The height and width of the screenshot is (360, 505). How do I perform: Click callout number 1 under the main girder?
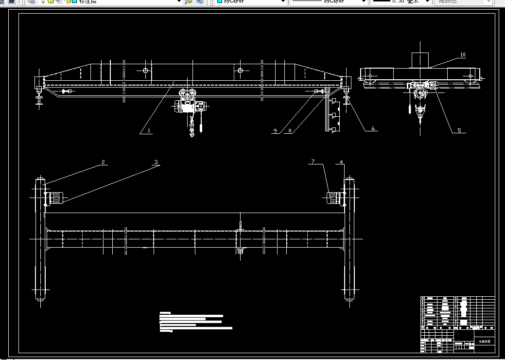[x=149, y=130]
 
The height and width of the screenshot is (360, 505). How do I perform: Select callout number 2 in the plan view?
[x=103, y=162]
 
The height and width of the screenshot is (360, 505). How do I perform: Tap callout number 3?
[x=156, y=162]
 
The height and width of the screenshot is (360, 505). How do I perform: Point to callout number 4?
[x=341, y=162]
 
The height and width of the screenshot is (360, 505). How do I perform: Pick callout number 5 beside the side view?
[x=459, y=130]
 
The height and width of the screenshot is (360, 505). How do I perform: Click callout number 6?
[x=373, y=128]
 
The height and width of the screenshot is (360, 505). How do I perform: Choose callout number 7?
[x=313, y=162]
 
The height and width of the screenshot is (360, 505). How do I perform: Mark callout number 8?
[x=290, y=130]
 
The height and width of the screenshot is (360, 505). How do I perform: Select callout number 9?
[x=275, y=130]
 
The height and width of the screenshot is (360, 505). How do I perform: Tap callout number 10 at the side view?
[x=463, y=54]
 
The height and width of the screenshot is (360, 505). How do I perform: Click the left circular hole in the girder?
[x=145, y=71]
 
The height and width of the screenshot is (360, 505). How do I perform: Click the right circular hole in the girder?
[x=240, y=71]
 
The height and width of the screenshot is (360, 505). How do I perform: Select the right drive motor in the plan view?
[x=333, y=198]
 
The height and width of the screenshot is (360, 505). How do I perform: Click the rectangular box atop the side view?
[x=420, y=59]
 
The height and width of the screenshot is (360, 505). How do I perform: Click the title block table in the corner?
[x=457, y=324]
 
